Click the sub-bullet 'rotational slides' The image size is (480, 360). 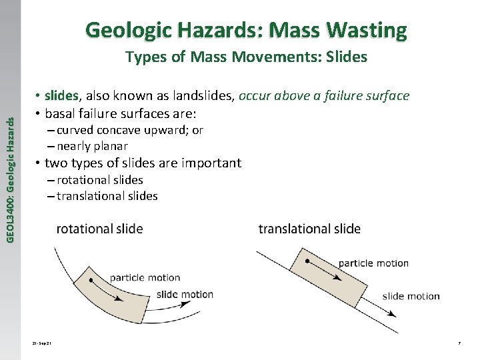coord(100,180)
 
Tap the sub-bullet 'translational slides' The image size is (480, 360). coord(107,196)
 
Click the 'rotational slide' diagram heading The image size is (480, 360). coord(99,229)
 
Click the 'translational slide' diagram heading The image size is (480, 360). coord(309,229)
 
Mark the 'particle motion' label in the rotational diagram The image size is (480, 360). coord(145,278)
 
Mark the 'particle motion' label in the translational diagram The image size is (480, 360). coord(373,263)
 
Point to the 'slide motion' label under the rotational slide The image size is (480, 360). coord(185,294)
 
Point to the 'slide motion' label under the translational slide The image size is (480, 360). coord(411,296)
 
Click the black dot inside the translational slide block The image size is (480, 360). coord(307,262)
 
